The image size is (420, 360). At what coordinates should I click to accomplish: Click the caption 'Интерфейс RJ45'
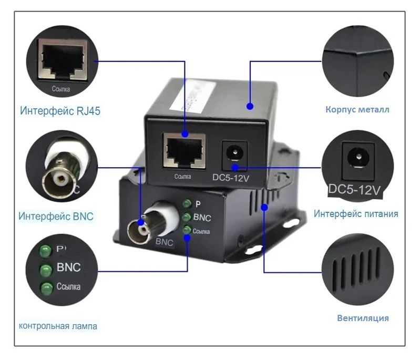click(x=60, y=111)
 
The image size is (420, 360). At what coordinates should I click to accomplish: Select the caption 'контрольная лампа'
click(x=58, y=326)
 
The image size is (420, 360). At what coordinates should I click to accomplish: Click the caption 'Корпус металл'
click(x=357, y=110)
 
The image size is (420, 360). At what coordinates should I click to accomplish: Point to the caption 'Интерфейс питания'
click(x=356, y=214)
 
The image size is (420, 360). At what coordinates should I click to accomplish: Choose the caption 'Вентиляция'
click(x=363, y=318)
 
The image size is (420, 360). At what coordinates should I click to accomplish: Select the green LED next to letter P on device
click(x=187, y=204)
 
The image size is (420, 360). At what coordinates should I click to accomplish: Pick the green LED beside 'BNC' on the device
click(x=187, y=217)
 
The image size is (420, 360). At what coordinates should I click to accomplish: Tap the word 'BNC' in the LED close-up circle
click(x=68, y=268)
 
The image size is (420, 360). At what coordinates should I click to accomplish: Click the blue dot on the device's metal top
click(x=250, y=106)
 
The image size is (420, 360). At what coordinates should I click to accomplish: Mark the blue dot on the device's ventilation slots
click(x=264, y=208)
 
